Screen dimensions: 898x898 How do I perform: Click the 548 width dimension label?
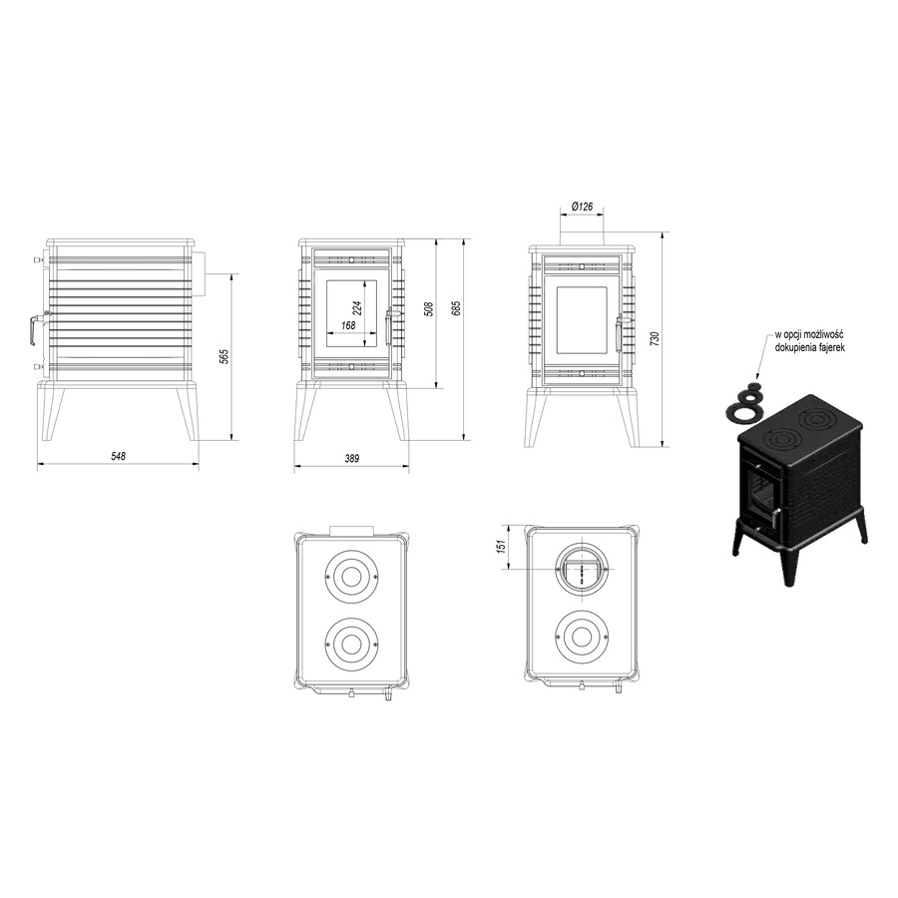click(118, 456)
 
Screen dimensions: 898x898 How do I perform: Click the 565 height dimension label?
click(224, 356)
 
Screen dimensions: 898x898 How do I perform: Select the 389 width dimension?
click(352, 459)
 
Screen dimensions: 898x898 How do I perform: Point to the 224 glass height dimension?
click(357, 308)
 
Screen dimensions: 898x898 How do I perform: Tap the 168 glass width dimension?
click(348, 325)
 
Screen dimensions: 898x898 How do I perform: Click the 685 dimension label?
click(456, 308)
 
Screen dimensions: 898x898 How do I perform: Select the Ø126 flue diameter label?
click(582, 207)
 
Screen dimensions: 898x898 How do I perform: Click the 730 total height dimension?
click(656, 338)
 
